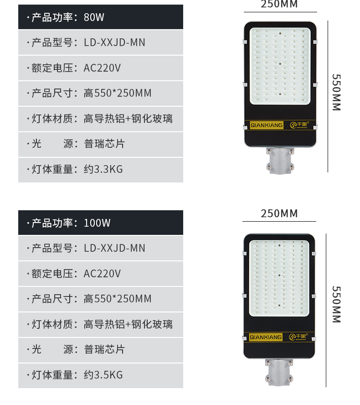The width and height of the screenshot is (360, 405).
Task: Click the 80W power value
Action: pos(94,17)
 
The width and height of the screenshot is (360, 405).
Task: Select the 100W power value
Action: pos(97,223)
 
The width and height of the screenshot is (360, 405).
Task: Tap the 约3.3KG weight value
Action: pos(103,169)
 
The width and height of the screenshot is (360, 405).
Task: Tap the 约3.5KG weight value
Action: pos(103,375)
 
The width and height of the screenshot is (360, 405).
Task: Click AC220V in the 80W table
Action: pos(102,68)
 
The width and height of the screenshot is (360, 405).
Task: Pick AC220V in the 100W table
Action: pos(102,274)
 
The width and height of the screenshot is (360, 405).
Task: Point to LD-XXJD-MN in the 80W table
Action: pos(114,42)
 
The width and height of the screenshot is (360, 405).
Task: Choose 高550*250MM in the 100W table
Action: pos(118,299)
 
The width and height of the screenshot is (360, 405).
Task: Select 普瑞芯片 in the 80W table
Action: pos(104,144)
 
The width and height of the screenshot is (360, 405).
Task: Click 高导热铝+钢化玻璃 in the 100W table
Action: pos(128,324)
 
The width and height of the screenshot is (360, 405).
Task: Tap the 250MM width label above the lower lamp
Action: pos(279,213)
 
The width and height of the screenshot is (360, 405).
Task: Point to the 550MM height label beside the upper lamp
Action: pos(336,93)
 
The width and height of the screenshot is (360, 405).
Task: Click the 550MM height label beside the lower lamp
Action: pos(336,305)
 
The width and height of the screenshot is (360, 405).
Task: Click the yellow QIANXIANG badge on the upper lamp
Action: pos(267,125)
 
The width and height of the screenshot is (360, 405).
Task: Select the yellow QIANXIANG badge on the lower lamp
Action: pos(266,337)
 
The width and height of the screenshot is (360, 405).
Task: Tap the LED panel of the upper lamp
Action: pos(280,66)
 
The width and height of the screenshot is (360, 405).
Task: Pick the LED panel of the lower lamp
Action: pos(279,278)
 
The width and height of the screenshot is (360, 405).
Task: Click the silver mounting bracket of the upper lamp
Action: pos(280,161)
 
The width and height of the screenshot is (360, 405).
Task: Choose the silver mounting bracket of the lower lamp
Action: pos(279,372)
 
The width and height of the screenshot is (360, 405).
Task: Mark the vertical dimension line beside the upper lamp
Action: pos(328,96)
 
